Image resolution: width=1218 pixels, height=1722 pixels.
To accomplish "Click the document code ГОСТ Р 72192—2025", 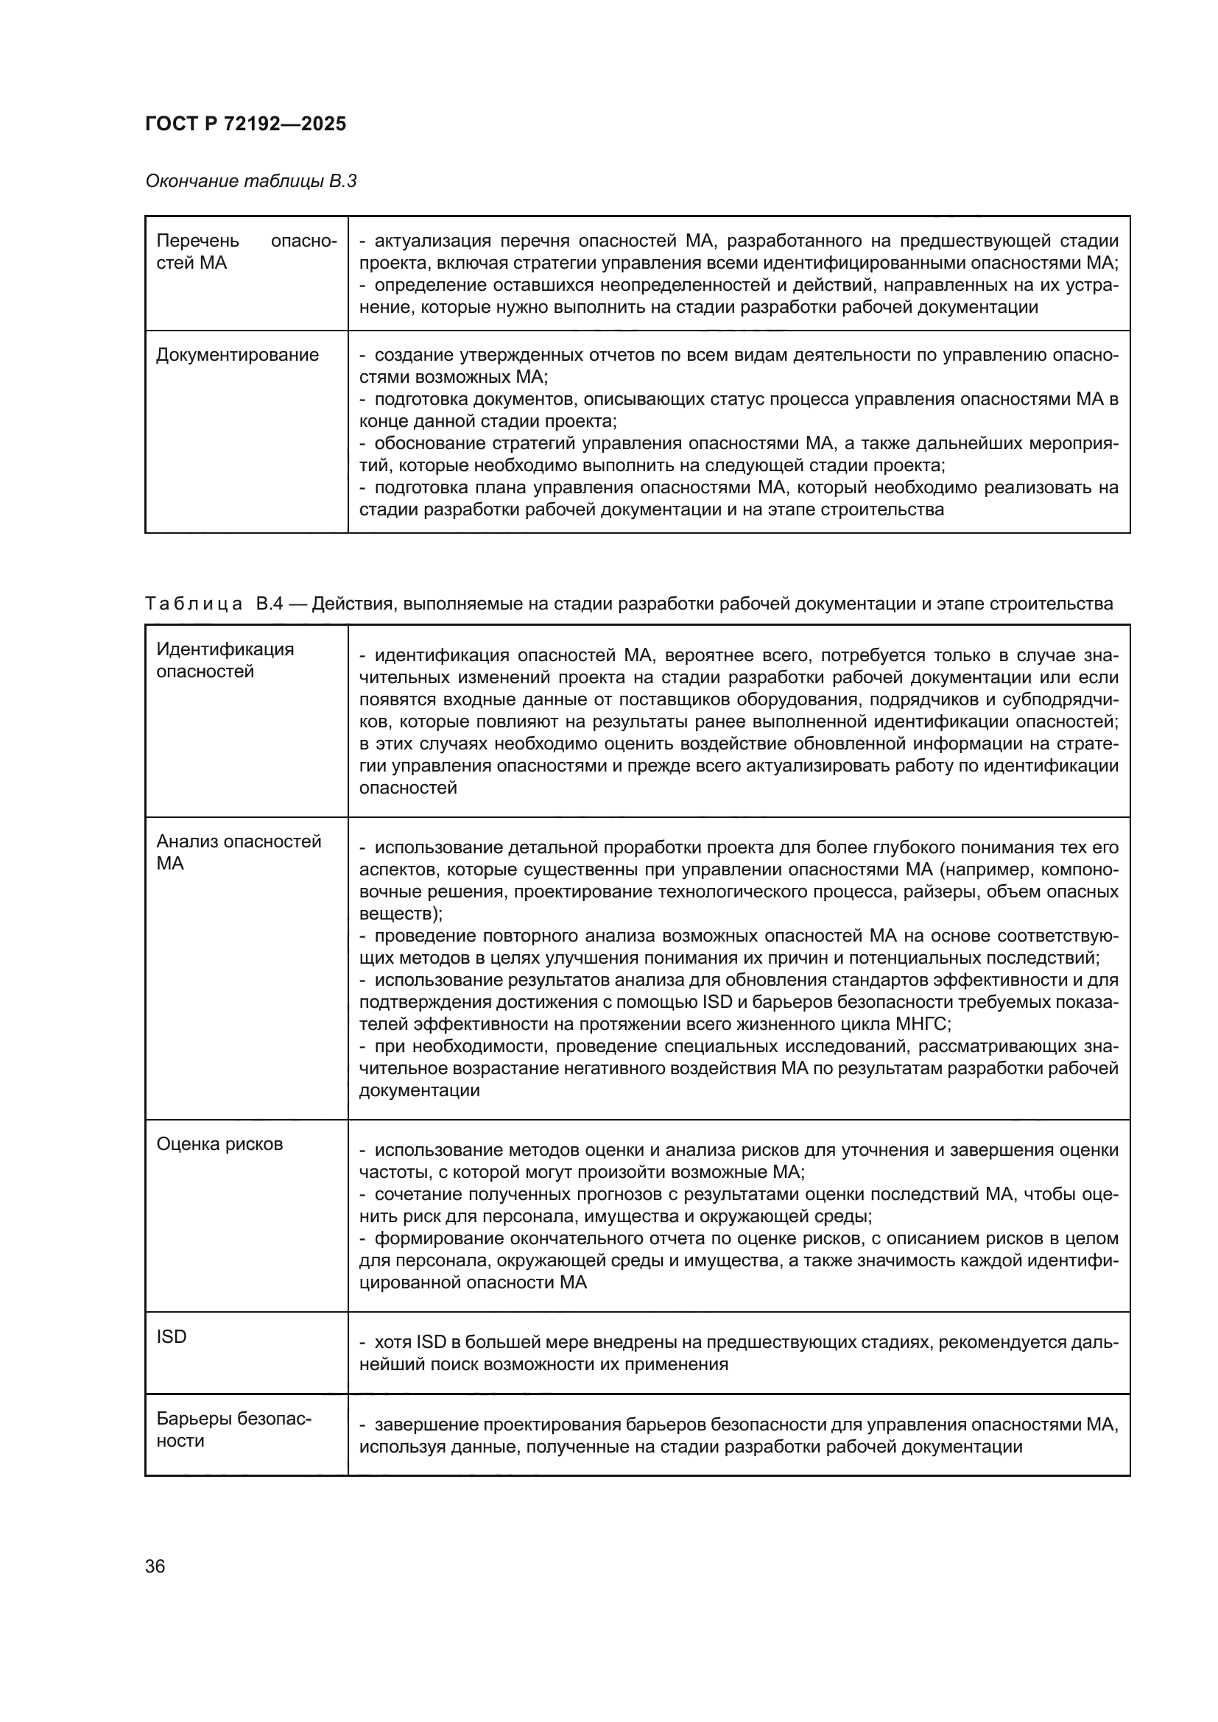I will (x=245, y=124).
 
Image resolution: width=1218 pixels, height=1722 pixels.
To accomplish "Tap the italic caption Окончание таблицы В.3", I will (x=250, y=181).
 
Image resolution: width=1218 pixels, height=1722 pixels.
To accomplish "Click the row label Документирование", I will (x=237, y=355).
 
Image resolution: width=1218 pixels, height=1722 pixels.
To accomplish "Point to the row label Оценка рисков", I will (x=219, y=1144).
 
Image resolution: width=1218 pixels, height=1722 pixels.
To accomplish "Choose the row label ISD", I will (x=171, y=1336).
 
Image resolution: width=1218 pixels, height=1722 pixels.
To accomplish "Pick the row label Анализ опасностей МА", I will (x=238, y=852).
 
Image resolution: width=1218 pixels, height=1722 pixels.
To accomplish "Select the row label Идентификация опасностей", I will (x=225, y=660).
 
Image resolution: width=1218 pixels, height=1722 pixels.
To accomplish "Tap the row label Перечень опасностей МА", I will (x=246, y=252).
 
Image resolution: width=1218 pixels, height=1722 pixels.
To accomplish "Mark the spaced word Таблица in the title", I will (x=194, y=604).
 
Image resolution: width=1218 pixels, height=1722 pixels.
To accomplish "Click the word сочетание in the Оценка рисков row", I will (x=417, y=1194).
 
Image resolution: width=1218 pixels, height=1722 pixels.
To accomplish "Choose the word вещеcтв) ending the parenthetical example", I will (x=400, y=914).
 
